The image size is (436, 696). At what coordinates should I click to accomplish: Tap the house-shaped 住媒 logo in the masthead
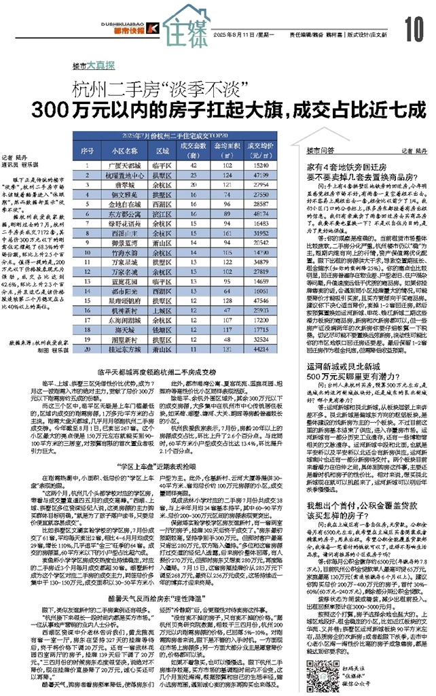(x=186, y=25)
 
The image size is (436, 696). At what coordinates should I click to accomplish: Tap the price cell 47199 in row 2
(x=259, y=175)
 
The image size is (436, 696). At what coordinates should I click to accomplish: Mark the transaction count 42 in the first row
(x=196, y=165)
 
